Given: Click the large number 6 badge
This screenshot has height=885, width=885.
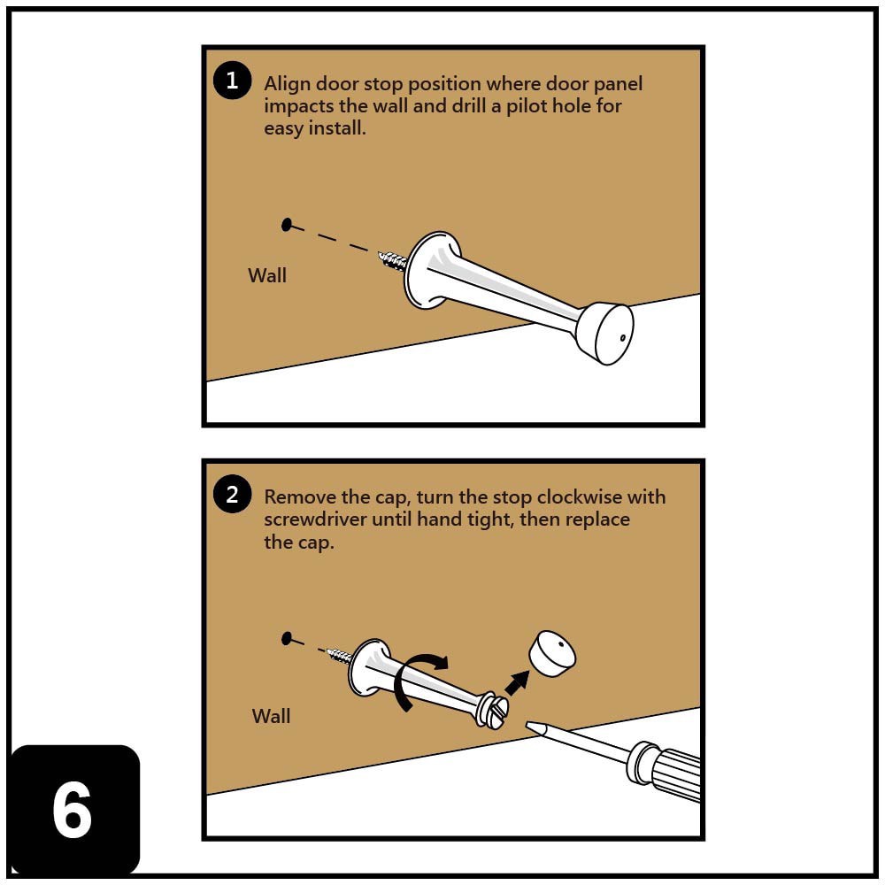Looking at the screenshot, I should pyautogui.click(x=73, y=810).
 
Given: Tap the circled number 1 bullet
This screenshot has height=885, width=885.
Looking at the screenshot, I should pyautogui.click(x=232, y=81).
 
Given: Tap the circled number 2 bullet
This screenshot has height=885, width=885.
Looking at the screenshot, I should pyautogui.click(x=232, y=495).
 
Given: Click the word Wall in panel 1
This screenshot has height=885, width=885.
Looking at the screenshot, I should pyautogui.click(x=267, y=275).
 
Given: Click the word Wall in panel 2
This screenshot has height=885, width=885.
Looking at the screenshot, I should pyautogui.click(x=271, y=716).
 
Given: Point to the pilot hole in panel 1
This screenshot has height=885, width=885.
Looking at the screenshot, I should pyautogui.click(x=286, y=225).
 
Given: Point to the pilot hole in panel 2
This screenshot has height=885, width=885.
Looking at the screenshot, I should pyautogui.click(x=286, y=638).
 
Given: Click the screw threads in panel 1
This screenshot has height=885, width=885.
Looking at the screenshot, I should pyautogui.click(x=393, y=260).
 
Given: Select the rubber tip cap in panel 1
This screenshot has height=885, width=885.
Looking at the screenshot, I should pyautogui.click(x=604, y=333).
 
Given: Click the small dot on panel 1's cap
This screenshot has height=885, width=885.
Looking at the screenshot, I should pyautogui.click(x=623, y=338).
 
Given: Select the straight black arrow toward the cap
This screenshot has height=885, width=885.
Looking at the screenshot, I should pyautogui.click(x=517, y=684).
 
